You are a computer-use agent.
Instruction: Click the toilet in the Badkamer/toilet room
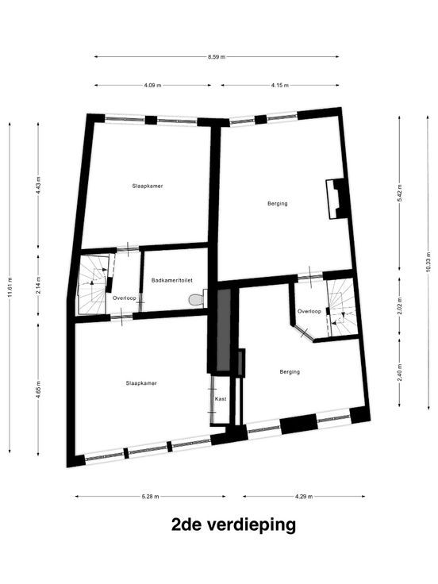coord(198,299)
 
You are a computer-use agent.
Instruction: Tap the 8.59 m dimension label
coord(217,57)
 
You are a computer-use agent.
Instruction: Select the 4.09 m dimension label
coord(152,85)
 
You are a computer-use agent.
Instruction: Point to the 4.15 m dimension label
coord(280,85)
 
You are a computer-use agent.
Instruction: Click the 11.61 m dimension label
coord(10,287)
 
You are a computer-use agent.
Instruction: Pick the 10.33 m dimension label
coord(428,263)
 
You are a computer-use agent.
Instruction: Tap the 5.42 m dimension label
coord(400,194)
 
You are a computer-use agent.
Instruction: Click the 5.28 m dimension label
coord(151,497)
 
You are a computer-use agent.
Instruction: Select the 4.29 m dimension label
coord(304,497)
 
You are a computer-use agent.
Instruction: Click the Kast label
coord(221,399)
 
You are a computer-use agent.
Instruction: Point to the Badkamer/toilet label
coord(172,280)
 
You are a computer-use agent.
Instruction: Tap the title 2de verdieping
coord(233,525)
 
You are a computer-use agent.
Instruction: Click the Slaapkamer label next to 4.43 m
coord(148,186)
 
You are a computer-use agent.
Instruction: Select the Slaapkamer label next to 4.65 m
coord(141,383)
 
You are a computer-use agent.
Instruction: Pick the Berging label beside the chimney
coord(278,204)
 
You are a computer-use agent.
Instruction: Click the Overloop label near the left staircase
coord(125,298)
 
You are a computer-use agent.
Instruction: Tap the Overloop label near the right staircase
coord(309,311)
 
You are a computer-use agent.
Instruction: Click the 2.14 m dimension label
coord(38,286)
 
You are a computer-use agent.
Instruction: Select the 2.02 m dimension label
coord(400,305)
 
